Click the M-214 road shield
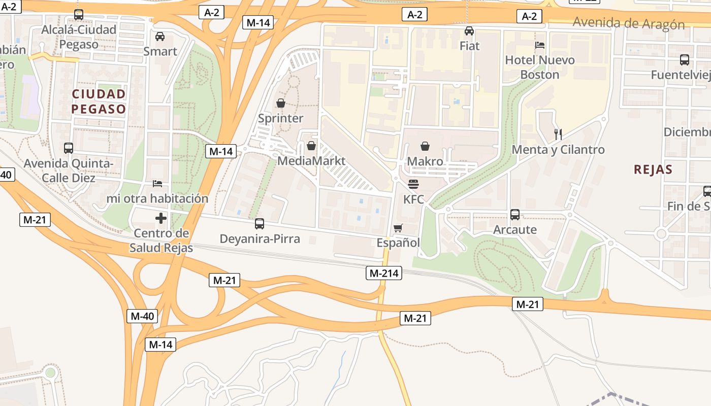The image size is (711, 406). [x=384, y=274]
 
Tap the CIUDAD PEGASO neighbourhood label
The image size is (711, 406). [x=99, y=101]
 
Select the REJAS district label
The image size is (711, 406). [x=653, y=170]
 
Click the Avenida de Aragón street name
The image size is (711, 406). [x=629, y=24]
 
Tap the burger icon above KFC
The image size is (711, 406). [x=413, y=184]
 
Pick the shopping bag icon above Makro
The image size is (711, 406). [x=425, y=147]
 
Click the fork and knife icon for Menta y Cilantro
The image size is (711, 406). [x=558, y=134]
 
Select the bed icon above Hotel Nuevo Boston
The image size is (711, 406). [x=540, y=45]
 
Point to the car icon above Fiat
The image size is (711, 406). [x=469, y=31]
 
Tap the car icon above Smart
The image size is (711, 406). [x=160, y=37]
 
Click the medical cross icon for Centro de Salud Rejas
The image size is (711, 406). [x=161, y=219]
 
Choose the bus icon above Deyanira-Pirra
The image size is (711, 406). [x=260, y=223]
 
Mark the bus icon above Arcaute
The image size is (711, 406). [x=515, y=215]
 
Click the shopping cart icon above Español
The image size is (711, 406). [x=398, y=228]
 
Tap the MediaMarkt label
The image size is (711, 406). [x=311, y=161]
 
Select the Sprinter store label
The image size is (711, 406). [x=281, y=119]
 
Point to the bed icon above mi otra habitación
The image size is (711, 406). [x=157, y=183]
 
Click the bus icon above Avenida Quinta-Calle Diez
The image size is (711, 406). [x=69, y=148]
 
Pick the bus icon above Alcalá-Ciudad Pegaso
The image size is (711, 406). [x=79, y=15]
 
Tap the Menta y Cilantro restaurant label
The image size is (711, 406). [x=558, y=150]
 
